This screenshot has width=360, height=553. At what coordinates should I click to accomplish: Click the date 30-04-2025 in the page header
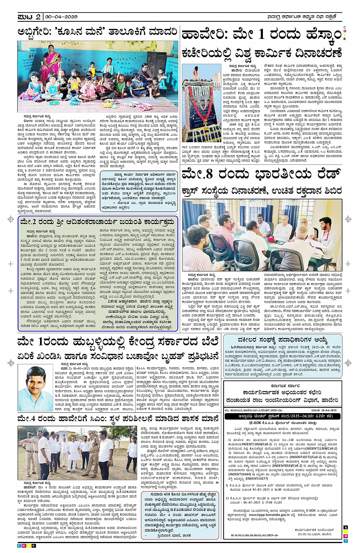[x=61, y=17]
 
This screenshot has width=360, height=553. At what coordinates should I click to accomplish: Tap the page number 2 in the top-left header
[x=38, y=17]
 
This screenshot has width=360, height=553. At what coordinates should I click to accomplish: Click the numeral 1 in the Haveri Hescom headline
[x=261, y=34]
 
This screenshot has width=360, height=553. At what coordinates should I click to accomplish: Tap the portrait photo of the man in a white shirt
[x=36, y=388]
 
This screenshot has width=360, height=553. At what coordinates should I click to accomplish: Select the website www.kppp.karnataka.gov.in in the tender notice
[x=269, y=515]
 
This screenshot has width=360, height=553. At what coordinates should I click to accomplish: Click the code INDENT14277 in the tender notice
[x=257, y=478]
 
